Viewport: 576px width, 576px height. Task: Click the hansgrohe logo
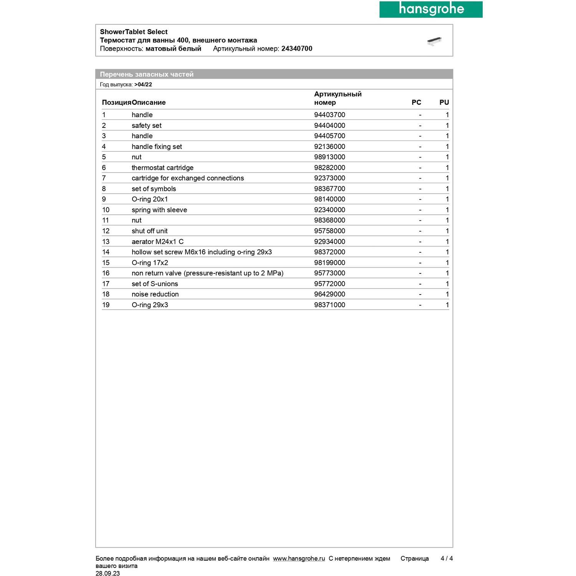(431, 9)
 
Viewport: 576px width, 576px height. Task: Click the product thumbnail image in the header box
(434, 41)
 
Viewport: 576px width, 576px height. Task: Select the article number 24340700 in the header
(296, 49)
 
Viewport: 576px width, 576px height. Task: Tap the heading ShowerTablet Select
(134, 32)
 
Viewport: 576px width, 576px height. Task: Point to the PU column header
(444, 103)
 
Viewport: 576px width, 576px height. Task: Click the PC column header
(416, 103)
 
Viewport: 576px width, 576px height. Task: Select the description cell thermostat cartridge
(162, 168)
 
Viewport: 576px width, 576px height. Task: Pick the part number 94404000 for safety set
(329, 126)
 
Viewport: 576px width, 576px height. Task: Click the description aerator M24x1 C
(157, 242)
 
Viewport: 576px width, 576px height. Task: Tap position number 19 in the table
(106, 305)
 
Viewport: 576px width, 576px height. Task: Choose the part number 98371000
(329, 305)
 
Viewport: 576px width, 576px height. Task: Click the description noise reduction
(155, 294)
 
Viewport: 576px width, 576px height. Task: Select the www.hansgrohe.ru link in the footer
(299, 559)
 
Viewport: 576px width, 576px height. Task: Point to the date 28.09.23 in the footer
(108, 573)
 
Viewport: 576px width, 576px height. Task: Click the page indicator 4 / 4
(447, 559)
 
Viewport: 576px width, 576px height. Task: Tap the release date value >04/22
(143, 84)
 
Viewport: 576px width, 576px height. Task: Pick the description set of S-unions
(155, 284)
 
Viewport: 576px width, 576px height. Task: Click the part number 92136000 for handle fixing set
(329, 147)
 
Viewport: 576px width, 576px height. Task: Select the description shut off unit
(149, 231)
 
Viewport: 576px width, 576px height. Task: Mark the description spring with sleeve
(159, 210)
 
